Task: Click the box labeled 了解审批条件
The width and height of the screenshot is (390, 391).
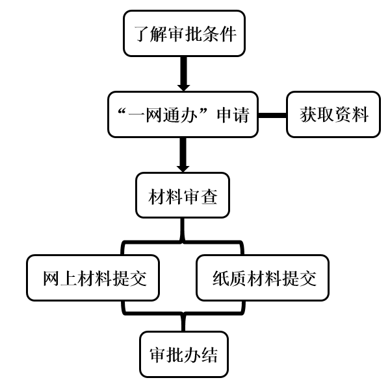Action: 184,33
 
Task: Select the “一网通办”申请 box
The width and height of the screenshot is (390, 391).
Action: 183,115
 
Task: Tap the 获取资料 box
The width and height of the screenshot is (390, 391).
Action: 333,115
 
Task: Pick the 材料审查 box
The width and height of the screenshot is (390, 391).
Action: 183,195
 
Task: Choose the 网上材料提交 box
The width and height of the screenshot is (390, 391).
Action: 93,278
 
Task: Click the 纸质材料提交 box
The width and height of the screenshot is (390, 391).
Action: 263,278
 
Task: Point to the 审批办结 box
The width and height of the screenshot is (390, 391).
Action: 184,355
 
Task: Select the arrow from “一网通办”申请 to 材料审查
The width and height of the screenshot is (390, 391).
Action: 183,155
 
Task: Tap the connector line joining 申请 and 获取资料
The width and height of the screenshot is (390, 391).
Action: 272,115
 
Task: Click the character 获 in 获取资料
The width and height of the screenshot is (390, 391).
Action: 308,115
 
